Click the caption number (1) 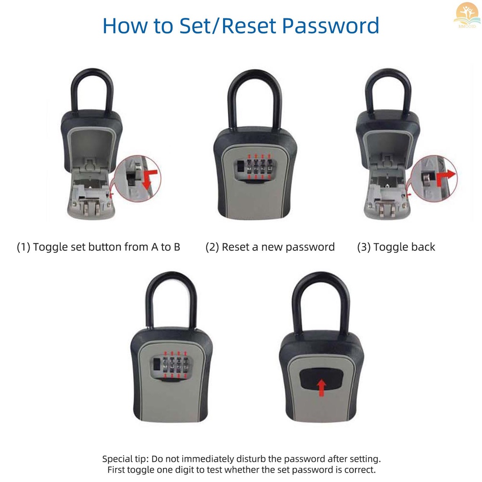point(24,247)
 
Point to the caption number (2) point(212,247)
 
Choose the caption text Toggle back point(404,247)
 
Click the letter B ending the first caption point(177,247)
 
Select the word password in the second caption point(311,247)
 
